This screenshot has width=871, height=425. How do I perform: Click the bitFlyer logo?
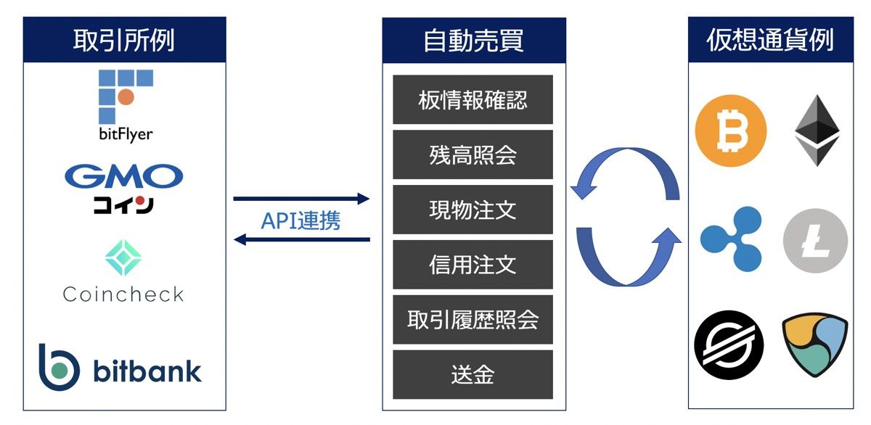click(x=125, y=105)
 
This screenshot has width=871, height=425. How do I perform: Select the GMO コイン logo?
click(x=124, y=188)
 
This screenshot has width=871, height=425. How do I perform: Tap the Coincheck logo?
click(x=123, y=272)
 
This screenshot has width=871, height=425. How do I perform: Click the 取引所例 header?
click(x=124, y=41)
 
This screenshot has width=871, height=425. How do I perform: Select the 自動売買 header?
click(x=473, y=41)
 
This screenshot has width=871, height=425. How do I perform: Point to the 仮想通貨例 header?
click(x=770, y=41)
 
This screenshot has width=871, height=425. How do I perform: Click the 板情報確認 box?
click(x=473, y=99)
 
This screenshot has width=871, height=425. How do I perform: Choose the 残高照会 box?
click(x=473, y=154)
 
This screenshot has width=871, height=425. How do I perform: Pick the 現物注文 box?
click(x=473, y=210)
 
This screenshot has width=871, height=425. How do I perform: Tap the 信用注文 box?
click(x=473, y=264)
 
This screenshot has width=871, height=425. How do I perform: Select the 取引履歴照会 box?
click(x=473, y=319)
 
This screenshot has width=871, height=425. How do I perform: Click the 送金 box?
click(x=473, y=374)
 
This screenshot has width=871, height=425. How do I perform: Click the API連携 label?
click(x=300, y=220)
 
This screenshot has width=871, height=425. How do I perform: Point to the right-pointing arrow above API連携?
click(x=301, y=199)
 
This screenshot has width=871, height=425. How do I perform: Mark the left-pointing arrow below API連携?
click(x=301, y=240)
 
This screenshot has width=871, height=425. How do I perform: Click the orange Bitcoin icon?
click(x=730, y=131)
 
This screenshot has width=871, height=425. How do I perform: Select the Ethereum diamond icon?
click(x=817, y=131)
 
